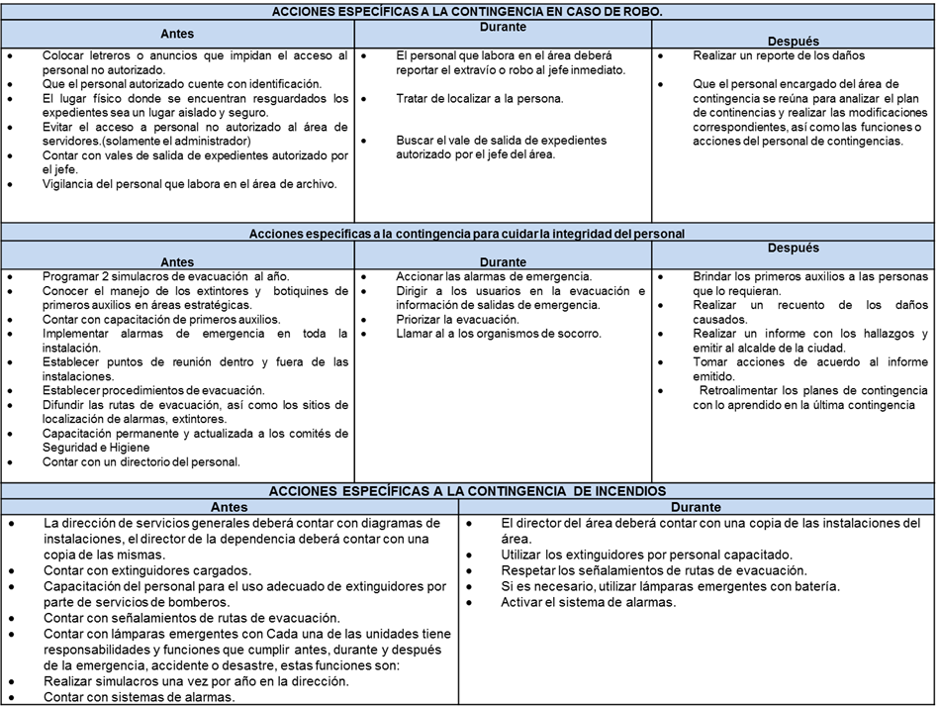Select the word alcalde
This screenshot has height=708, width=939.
(x=764, y=348)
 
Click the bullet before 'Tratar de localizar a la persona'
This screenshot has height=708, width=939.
(x=367, y=100)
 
